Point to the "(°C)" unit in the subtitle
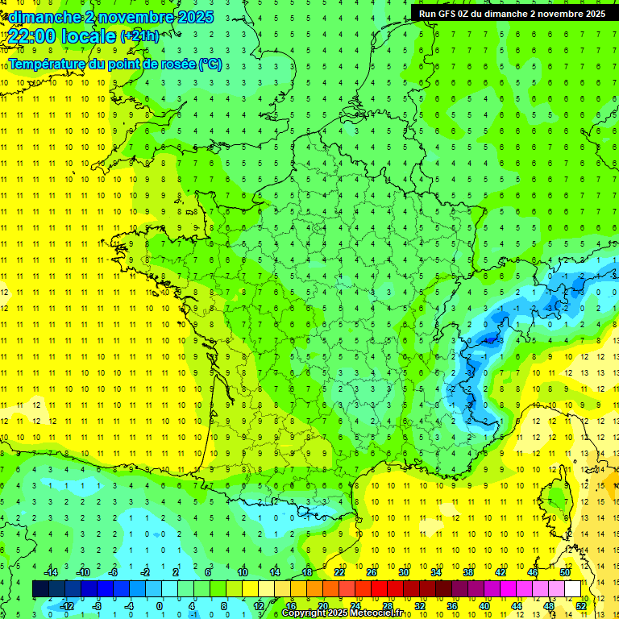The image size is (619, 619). pos(209,64)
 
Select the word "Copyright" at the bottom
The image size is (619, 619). pos(304,613)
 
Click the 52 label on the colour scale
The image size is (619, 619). pos(581,605)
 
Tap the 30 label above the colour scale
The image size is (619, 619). pos(404,572)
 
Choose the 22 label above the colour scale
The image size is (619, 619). pos(339,572)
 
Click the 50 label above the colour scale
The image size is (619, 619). pos(565,572)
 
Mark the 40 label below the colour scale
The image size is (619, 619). pos(484,605)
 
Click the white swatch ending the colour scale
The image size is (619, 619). pos(572,589)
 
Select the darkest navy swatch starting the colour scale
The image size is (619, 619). pos(40,589)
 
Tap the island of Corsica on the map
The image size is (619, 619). pos(555,501)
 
